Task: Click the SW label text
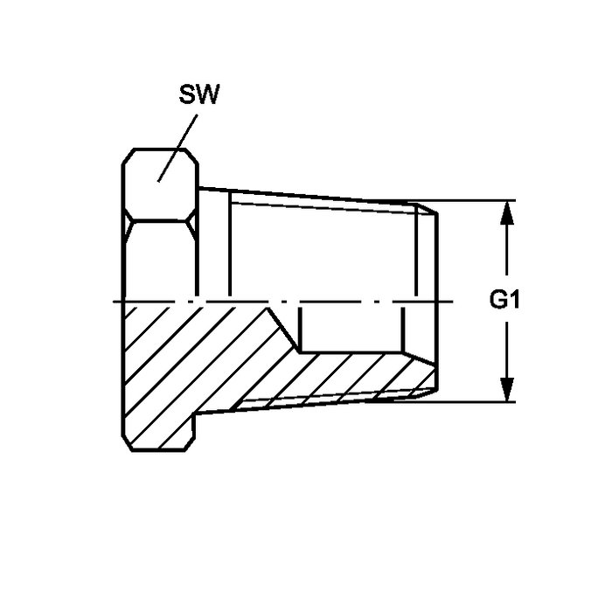tap(199, 94)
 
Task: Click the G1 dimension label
tap(504, 300)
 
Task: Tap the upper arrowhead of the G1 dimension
tap(506, 213)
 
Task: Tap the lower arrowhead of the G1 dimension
tap(506, 389)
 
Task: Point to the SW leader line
tap(177, 148)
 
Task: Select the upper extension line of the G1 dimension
tap(464, 200)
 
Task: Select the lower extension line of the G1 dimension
tap(464, 401)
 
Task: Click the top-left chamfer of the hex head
tap(128, 156)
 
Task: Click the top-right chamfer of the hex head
tap(191, 156)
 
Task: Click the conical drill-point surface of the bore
tap(284, 329)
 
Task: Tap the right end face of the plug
tap(436, 301)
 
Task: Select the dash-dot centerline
tap(283, 302)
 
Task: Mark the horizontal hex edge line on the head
tap(160, 220)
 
